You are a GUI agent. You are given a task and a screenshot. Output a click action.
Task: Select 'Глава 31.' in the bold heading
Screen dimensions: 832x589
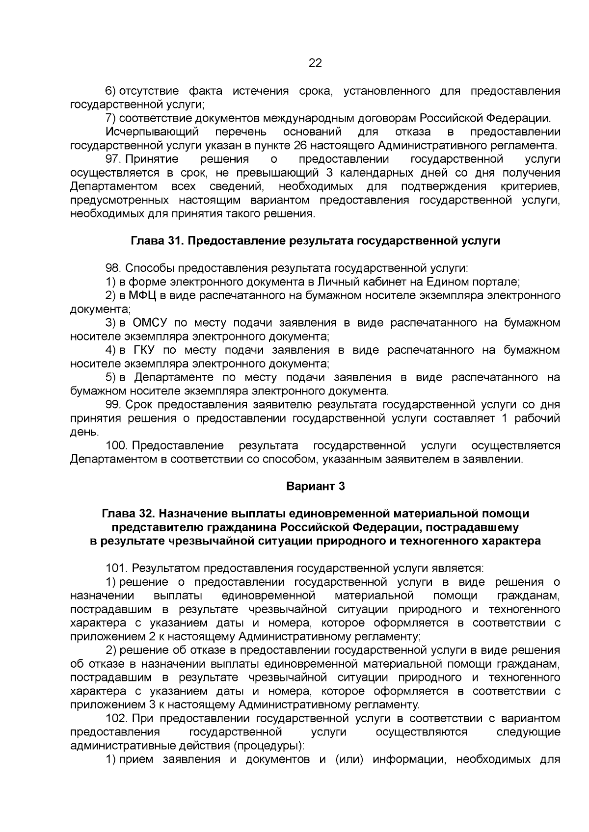[x=157, y=241]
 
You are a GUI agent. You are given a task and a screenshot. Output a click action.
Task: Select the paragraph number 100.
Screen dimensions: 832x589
[x=117, y=445]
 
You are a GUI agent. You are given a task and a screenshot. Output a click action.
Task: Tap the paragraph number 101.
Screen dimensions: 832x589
[x=117, y=568]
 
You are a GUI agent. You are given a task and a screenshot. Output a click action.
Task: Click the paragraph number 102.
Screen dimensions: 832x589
[x=117, y=718]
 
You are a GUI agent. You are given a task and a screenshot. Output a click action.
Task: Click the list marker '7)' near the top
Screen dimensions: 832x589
[x=111, y=118]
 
